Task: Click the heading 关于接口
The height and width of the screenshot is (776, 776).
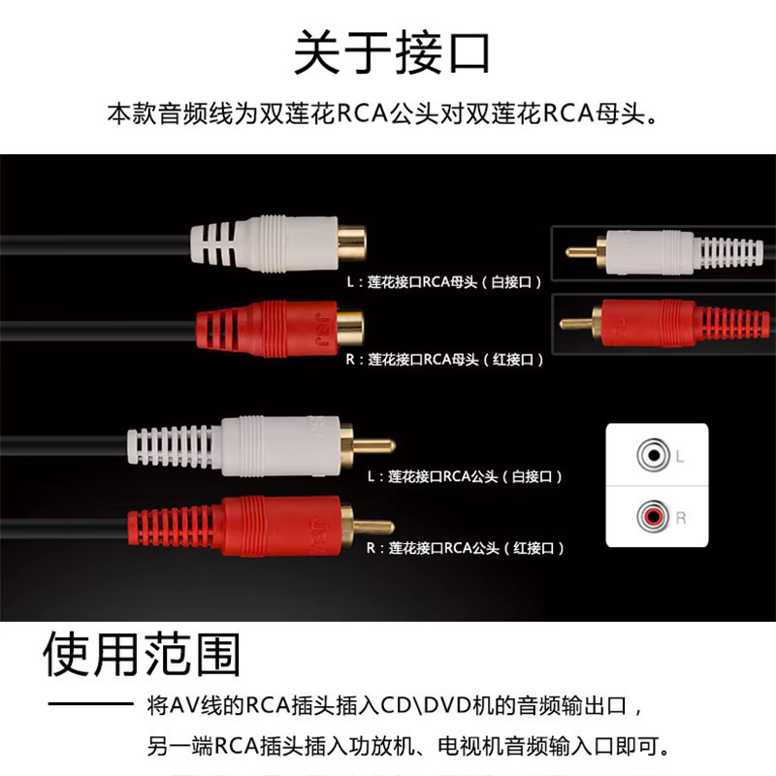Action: [x=392, y=52]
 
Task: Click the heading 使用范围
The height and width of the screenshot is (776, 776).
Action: [x=142, y=654]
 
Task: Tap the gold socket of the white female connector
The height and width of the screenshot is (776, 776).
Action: [x=352, y=243]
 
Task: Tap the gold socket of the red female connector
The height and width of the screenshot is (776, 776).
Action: [x=350, y=327]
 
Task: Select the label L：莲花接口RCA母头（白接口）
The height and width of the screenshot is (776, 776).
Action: [x=444, y=282]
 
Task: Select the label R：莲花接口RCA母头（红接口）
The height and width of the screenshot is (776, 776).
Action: [x=444, y=359]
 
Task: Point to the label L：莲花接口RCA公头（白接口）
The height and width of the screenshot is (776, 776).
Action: [x=465, y=476]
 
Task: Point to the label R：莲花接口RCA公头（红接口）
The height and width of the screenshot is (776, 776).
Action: [x=466, y=548]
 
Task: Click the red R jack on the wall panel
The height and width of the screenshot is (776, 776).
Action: [x=653, y=517]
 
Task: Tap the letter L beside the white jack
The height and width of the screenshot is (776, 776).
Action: [x=680, y=456]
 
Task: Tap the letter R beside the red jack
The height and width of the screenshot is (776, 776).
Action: [x=681, y=518]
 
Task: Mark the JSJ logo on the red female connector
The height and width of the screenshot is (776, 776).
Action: [x=323, y=329]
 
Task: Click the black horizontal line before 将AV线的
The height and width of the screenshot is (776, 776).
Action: [x=90, y=703]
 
